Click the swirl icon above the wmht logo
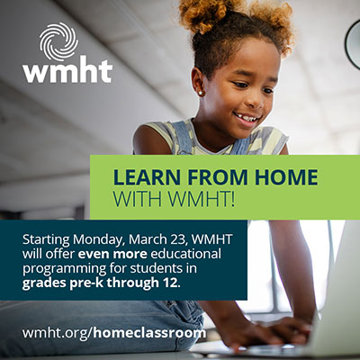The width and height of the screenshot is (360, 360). click(x=56, y=40)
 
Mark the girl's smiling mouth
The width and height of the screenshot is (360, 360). click(x=247, y=118)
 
